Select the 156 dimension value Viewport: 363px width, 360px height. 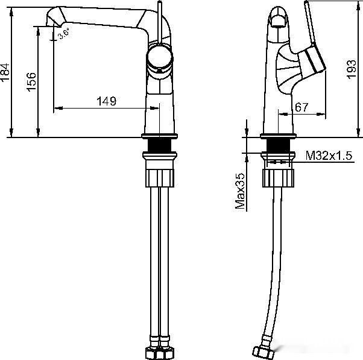point(32,81)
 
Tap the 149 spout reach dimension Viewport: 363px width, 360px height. point(106,101)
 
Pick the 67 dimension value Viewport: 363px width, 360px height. point(302,107)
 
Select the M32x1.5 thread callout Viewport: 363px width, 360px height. point(329,156)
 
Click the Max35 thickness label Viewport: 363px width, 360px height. point(240,190)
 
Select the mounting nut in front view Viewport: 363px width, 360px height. point(160,177)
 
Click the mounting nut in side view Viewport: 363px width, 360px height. point(278,178)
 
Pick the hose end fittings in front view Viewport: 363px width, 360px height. point(160,352)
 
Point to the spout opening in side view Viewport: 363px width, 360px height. point(278,21)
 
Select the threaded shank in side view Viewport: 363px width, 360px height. point(278,145)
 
